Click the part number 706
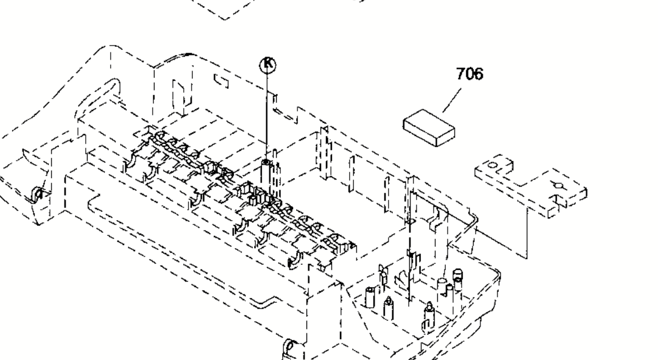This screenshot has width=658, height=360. (x=469, y=75)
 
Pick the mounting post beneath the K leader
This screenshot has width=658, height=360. (x=266, y=171)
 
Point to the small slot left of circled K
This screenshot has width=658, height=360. (x=222, y=80)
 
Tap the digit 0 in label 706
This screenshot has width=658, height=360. (x=469, y=75)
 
